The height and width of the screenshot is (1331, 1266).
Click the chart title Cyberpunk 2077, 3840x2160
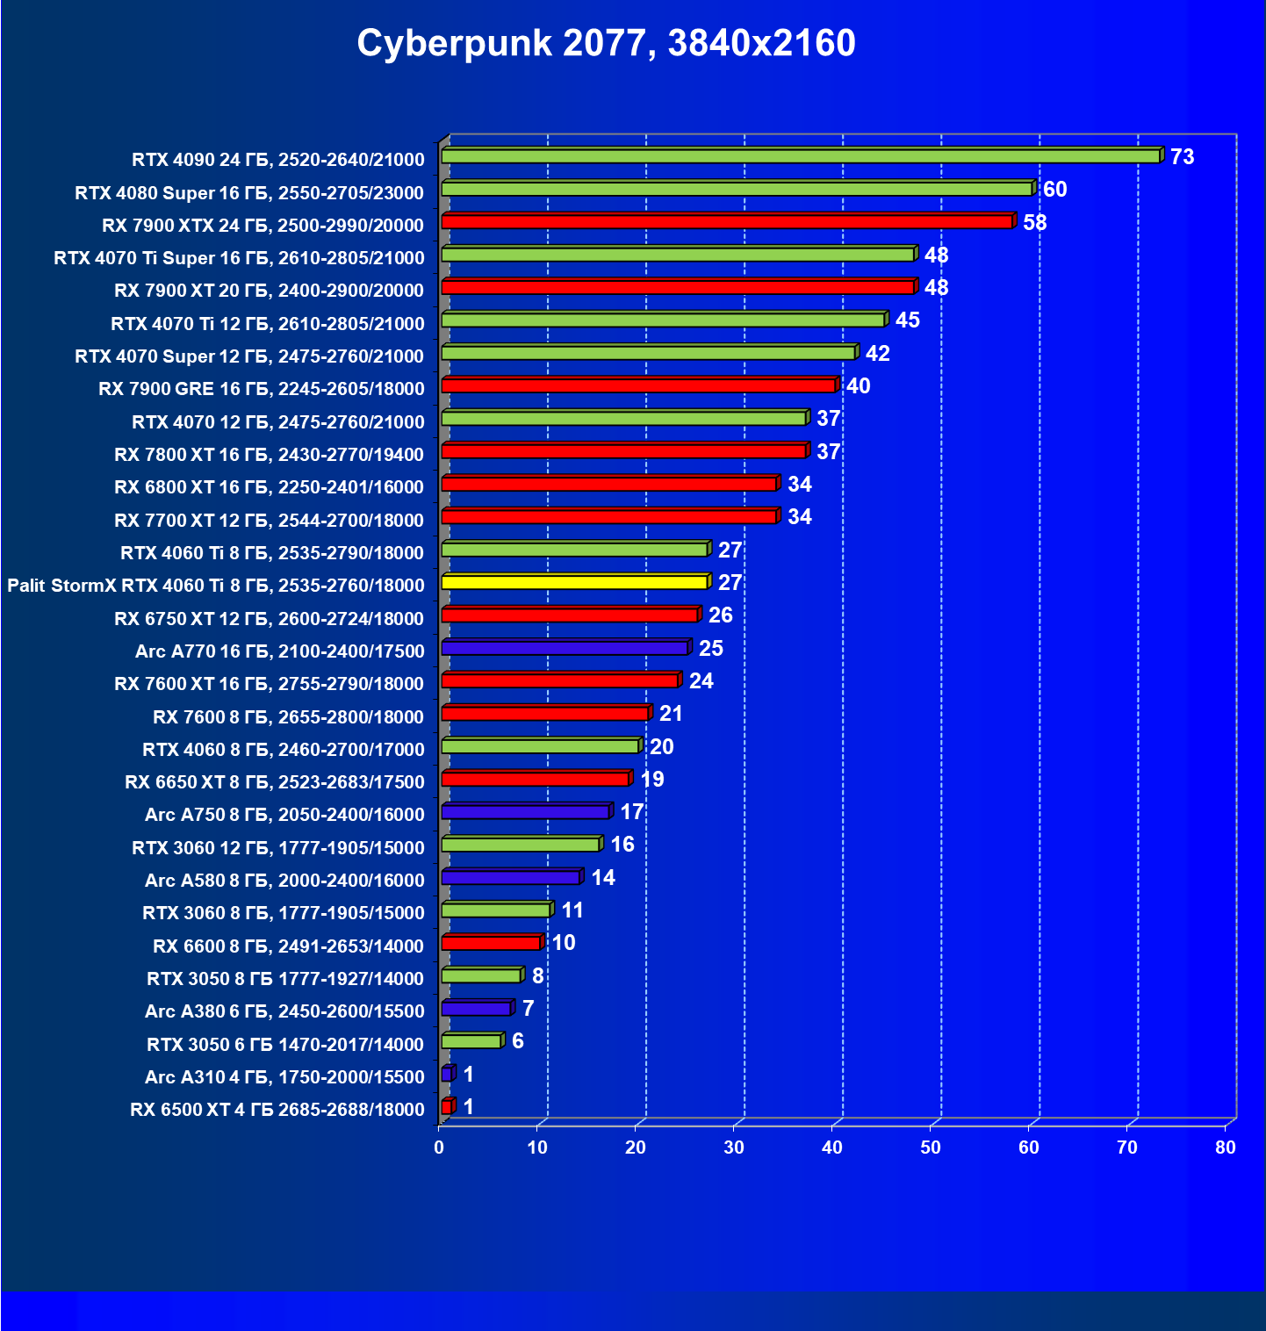click(x=606, y=43)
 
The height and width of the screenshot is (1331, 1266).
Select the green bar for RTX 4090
click(x=800, y=156)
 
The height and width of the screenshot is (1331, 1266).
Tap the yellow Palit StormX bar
click(x=574, y=582)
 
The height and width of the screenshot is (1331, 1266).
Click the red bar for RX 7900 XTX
click(x=727, y=221)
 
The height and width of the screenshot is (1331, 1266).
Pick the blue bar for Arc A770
click(x=565, y=648)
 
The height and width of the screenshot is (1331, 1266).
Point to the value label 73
click(x=1182, y=157)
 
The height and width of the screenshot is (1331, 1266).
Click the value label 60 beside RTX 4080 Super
click(x=1054, y=190)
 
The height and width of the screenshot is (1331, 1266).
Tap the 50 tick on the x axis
click(x=930, y=1148)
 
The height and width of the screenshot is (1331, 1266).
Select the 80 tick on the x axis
click(x=1225, y=1148)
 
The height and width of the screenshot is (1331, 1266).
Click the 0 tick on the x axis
click(x=439, y=1148)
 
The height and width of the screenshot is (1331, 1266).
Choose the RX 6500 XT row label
click(x=277, y=1110)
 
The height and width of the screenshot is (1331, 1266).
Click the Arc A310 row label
click(x=284, y=1077)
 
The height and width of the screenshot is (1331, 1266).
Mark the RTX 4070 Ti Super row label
click(x=239, y=258)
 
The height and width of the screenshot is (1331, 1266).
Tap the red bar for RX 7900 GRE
click(x=638, y=385)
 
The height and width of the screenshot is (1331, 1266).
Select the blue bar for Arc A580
click(x=511, y=877)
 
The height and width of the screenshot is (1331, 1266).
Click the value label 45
click(x=907, y=320)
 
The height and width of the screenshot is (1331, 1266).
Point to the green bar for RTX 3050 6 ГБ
click(x=471, y=1041)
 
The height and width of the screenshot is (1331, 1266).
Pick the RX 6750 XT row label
click(x=269, y=619)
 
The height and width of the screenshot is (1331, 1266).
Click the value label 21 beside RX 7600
click(x=671, y=714)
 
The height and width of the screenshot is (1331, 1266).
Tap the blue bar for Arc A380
click(x=476, y=1009)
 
